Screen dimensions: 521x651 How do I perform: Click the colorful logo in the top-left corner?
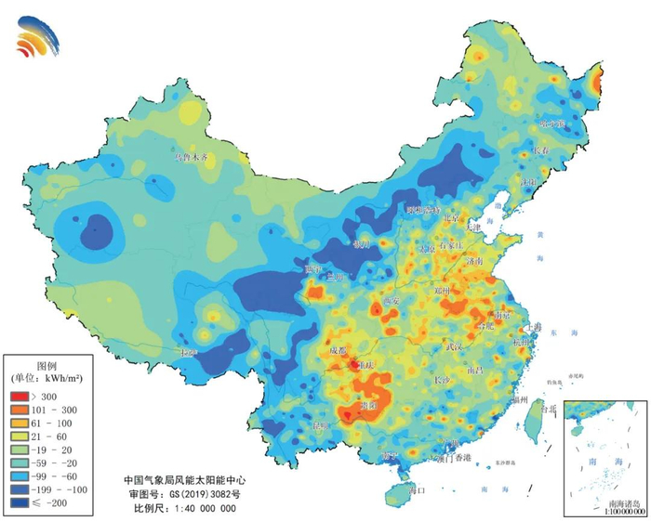37,37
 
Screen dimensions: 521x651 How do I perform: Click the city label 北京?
451,220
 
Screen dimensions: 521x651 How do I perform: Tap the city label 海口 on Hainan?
416,489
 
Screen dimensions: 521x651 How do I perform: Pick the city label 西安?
392,301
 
